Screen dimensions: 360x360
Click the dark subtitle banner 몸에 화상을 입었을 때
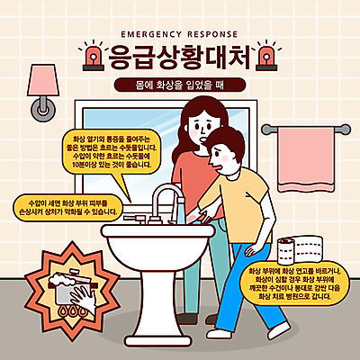pos(180,85)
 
